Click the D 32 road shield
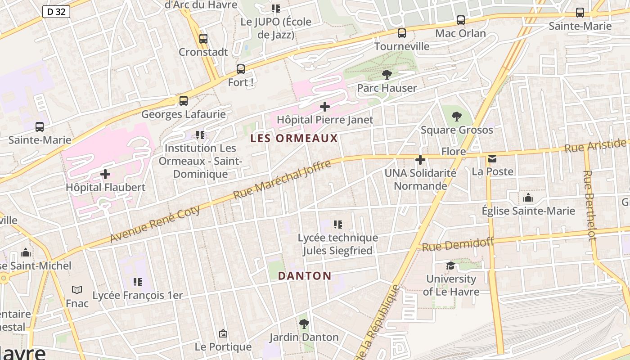pos(56,12)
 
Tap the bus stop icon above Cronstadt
pos(203,39)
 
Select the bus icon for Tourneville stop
pos(402,33)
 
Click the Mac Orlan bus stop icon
pos(460,20)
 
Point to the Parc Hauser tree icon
pos(387,75)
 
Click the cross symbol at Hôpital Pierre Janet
pos(324,107)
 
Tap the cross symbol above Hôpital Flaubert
pos(105,174)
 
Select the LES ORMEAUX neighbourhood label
pos(294,138)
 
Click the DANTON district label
pos(305,276)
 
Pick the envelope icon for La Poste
pos(492,158)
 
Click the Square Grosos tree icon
pos(457,117)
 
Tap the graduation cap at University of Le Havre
pos(450,266)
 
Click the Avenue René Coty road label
pos(155,224)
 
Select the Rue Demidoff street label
pos(458,244)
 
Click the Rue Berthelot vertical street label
pos(589,205)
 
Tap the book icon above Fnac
pos(77,290)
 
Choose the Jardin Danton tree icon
pos(304,324)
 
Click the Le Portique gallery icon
pos(223,333)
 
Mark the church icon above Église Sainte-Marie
pos(528,198)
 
